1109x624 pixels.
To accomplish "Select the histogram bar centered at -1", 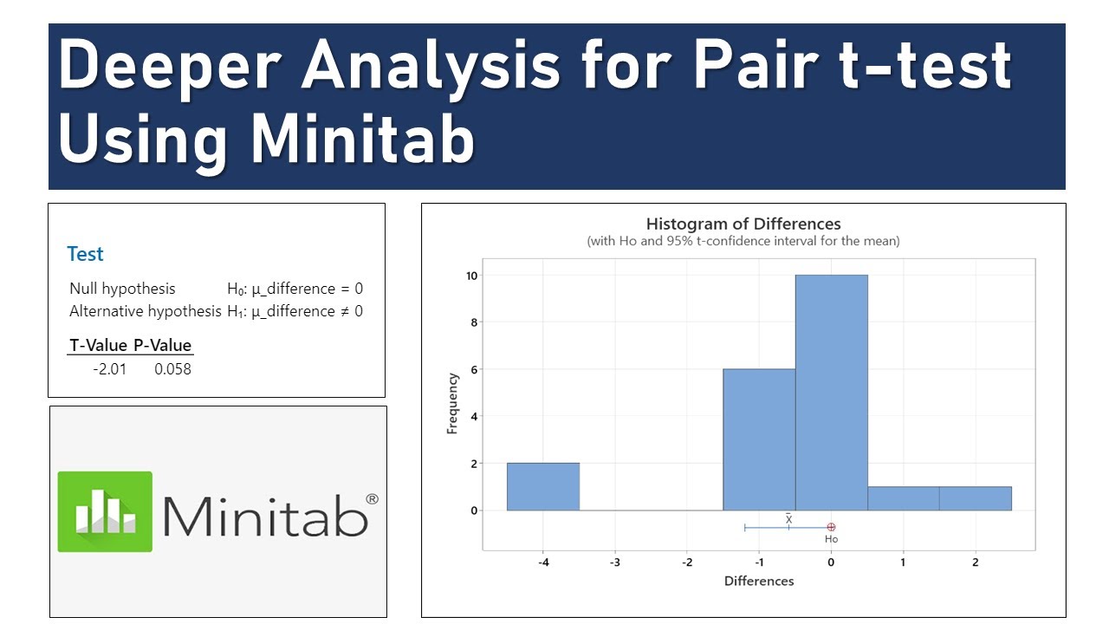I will [759, 439].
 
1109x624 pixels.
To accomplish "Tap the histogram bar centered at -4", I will [542, 486].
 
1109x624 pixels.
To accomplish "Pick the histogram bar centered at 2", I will [975, 498].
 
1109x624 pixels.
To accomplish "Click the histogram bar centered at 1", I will [903, 498].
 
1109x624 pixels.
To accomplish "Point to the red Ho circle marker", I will [831, 527].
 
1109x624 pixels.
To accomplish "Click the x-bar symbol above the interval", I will [788, 518].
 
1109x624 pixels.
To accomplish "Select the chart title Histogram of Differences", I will [743, 224].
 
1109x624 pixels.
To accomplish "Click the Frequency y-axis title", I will [452, 403].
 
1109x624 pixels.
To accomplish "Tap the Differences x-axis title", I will [759, 581].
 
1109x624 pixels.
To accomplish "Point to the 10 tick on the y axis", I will [469, 276].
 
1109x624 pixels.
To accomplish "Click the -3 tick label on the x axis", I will [615, 562].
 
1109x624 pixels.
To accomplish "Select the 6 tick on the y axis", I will [472, 369].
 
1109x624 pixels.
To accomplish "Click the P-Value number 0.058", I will [172, 369].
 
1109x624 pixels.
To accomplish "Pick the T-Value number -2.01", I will [109, 369].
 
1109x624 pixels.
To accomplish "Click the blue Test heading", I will [85, 254].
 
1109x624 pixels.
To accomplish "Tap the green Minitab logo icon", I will [105, 511].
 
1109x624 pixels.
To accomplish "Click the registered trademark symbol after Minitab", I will [372, 499].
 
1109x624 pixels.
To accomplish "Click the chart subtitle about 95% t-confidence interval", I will [743, 241].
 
